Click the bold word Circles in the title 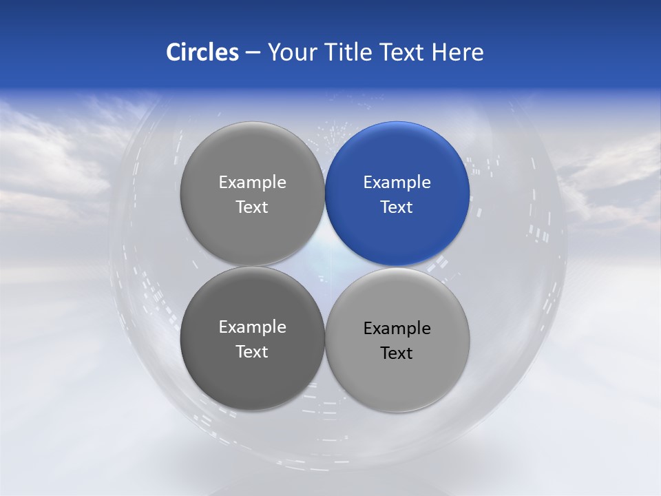[202, 52]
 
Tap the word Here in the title [457, 52]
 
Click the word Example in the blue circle [397, 183]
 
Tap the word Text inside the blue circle [397, 207]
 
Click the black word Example [397, 329]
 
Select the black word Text [397, 353]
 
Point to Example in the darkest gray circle [252, 327]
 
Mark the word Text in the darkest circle [252, 352]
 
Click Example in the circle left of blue [252, 183]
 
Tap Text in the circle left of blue [252, 207]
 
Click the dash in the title [253, 53]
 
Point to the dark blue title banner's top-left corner [2, 2]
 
